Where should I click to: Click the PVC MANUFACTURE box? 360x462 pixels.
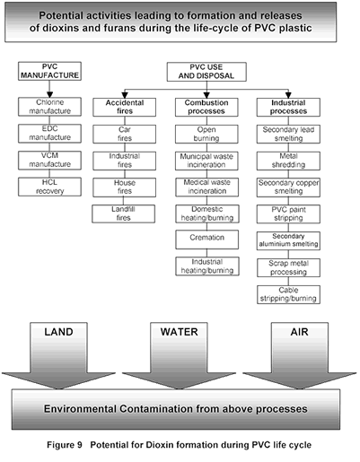(49, 71)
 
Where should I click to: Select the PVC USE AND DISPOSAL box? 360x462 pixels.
(206, 72)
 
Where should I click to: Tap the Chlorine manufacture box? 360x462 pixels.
(49, 107)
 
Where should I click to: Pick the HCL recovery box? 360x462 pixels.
(49, 187)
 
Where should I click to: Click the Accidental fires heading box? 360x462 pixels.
(125, 107)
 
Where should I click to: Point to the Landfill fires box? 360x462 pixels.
(124, 214)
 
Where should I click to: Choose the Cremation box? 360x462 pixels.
(207, 240)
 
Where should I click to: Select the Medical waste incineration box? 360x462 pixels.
(207, 187)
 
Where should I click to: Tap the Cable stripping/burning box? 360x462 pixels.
(288, 294)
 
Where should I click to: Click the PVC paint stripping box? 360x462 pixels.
(288, 214)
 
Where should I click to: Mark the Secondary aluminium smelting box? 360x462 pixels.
(288, 240)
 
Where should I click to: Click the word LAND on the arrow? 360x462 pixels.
(58, 332)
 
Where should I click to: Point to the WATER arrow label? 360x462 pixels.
(179, 332)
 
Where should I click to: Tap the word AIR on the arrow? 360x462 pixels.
(299, 332)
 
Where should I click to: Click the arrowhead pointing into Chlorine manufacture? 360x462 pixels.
(49, 94)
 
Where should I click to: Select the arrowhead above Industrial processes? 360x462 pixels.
(288, 95)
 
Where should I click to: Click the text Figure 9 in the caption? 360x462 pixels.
(65, 445)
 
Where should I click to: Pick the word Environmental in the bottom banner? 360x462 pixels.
(80, 409)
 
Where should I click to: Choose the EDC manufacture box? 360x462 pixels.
(49, 134)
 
